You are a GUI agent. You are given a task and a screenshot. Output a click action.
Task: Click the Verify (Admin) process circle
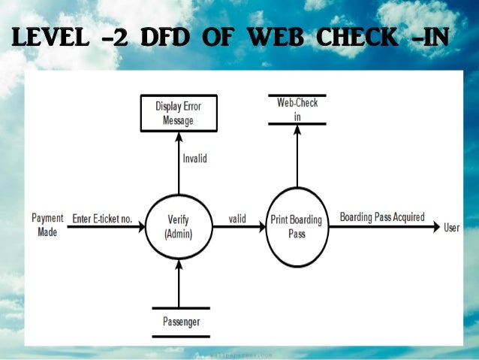(179, 226)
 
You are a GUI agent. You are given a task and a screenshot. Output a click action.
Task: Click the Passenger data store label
(180, 323)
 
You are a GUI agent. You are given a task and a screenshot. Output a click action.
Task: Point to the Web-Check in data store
(297, 108)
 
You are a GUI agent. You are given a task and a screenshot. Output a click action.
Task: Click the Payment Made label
(47, 225)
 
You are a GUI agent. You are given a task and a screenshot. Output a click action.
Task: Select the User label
(452, 227)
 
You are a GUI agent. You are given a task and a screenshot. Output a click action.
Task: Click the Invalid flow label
(194, 159)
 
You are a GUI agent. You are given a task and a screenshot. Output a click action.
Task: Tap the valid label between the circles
(237, 219)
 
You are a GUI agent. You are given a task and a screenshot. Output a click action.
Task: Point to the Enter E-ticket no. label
(102, 219)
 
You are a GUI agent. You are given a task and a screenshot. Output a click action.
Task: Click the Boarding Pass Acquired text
(381, 217)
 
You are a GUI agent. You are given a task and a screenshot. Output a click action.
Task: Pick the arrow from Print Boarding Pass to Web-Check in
(297, 158)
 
